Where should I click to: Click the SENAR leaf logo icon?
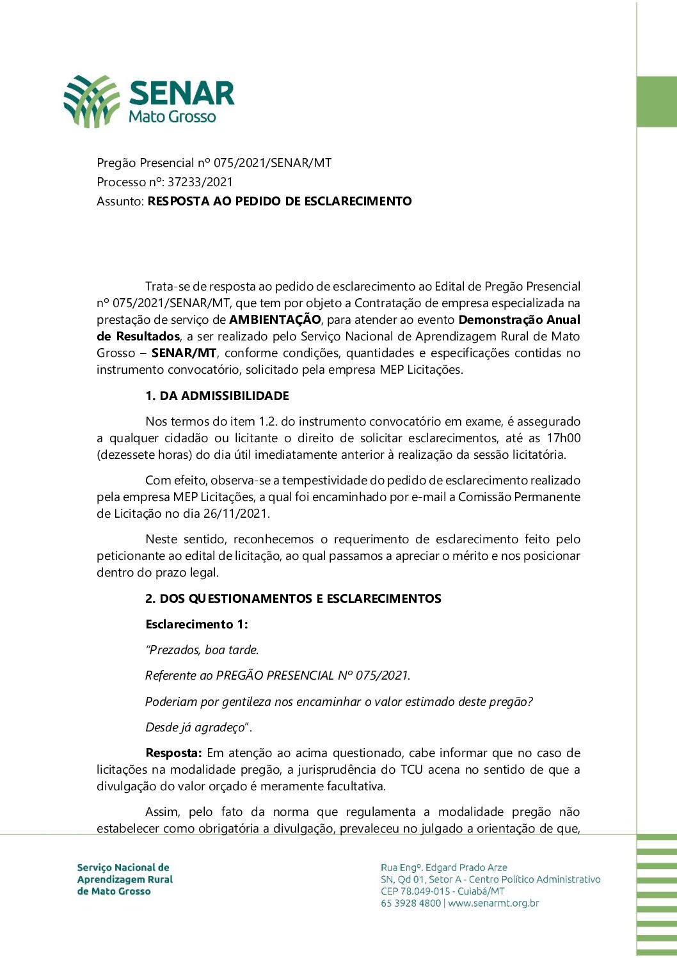coord(92,101)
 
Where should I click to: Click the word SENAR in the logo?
coord(182,93)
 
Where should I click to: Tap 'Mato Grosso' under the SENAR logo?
coord(172,117)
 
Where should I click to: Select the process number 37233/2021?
coord(200,182)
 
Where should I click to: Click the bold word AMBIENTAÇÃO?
coord(275,319)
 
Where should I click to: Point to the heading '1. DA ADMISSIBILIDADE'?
coord(217,395)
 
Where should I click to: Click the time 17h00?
coord(563,438)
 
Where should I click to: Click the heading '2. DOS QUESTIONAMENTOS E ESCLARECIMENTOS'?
coord(293,598)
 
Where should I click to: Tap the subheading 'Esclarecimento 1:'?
coord(196,624)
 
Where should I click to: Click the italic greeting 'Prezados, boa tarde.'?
coord(202,650)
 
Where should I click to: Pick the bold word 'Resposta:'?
coord(173,753)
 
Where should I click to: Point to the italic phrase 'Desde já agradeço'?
coord(196,727)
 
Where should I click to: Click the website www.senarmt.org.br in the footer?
coord(493,903)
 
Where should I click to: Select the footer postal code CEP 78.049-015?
coord(415,891)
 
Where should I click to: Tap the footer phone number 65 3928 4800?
coord(411,903)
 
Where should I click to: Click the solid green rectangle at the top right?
coord(657,102)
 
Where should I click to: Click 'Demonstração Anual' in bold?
coord(519,319)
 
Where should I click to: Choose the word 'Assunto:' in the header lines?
coord(120,201)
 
